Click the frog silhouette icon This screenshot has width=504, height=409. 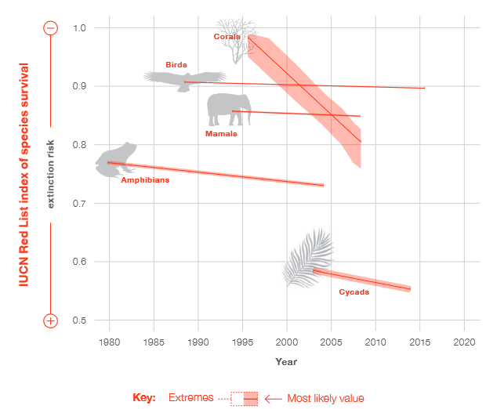point(115,160)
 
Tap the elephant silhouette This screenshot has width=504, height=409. point(228,109)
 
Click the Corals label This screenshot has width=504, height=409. point(227,36)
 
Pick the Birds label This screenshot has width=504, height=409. point(176,64)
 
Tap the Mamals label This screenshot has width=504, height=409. point(221,133)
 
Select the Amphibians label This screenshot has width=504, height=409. point(144,180)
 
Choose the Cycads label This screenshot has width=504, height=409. point(354,292)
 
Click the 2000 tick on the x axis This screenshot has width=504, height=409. point(287,342)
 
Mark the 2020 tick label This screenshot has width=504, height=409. point(464,342)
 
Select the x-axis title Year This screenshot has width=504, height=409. point(286,361)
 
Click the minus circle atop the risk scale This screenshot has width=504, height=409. point(50,28)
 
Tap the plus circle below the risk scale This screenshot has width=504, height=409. point(50,320)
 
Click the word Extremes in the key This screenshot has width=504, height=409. point(190,398)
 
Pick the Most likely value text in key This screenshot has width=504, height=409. point(325,398)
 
